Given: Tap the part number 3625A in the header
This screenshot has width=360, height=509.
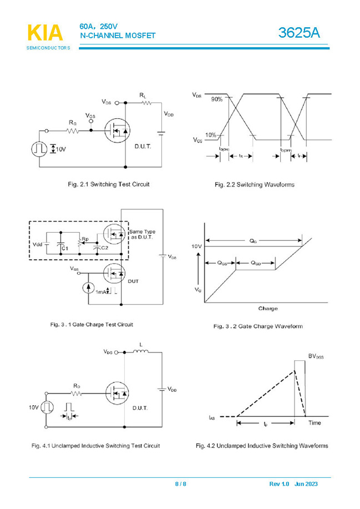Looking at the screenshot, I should [299, 33].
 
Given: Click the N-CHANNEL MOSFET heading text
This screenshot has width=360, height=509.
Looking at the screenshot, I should [118, 36].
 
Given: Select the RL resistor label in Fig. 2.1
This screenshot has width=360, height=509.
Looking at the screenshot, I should [143, 95].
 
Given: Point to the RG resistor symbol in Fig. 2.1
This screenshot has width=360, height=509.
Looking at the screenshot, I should [73, 131].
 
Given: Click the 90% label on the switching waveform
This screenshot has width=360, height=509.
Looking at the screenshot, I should [216, 99].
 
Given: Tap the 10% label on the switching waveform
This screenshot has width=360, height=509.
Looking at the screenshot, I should [211, 135].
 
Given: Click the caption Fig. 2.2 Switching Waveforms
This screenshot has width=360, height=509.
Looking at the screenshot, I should [255, 184].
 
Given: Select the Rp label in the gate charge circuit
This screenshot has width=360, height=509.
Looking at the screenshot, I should [85, 239].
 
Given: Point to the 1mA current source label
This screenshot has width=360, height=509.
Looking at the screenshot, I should [102, 291].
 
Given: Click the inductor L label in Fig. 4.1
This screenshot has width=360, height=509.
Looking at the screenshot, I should [141, 345].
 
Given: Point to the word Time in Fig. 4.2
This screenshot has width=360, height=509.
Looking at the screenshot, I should [315, 422].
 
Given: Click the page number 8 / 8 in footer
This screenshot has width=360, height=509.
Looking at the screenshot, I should [181, 484].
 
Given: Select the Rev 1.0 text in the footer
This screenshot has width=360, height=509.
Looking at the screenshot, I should [280, 484].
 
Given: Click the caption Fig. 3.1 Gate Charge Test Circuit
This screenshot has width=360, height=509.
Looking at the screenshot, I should [92, 324].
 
